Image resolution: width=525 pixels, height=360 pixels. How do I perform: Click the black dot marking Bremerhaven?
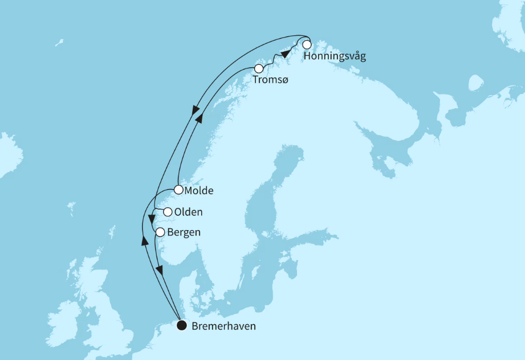tap(181, 326)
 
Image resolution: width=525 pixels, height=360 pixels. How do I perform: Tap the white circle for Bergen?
tap(160, 232)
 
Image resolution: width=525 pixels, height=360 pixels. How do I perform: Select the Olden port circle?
tap(168, 212)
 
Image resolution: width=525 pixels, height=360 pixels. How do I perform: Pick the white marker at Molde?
tap(178, 190)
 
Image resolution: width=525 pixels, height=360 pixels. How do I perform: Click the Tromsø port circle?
tap(259, 68)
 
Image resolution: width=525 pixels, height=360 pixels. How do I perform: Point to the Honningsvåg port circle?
tap(307, 44)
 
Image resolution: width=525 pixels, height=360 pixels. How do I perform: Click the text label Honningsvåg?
tap(335, 57)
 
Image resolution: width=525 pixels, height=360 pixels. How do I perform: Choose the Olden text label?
tap(188, 212)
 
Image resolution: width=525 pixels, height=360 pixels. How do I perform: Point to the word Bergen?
tap(185, 232)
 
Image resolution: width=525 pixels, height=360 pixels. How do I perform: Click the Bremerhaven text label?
tap(223, 326)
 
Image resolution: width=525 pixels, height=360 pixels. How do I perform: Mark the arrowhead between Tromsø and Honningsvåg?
tap(286, 54)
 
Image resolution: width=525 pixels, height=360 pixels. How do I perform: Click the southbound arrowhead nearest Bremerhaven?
tap(160, 271)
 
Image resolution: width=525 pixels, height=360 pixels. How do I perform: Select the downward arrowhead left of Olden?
tap(151, 219)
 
